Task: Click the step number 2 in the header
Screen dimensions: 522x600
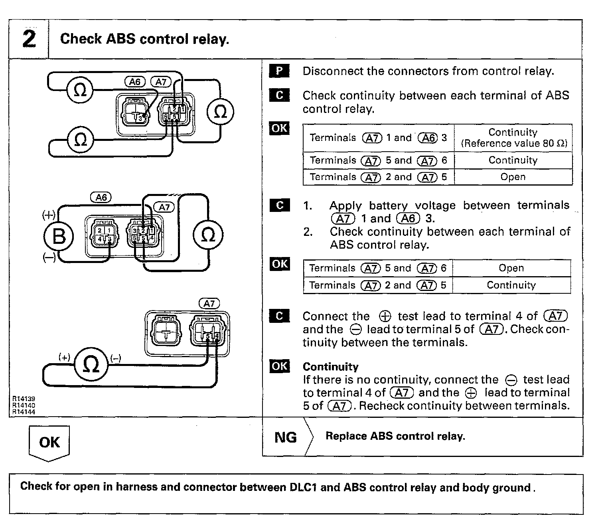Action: click(29, 39)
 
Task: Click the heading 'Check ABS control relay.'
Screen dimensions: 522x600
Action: click(144, 39)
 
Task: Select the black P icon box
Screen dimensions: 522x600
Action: click(279, 71)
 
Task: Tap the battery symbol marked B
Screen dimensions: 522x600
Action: click(59, 236)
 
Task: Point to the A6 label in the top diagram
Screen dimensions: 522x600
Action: click(135, 82)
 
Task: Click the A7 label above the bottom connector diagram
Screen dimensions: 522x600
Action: click(209, 304)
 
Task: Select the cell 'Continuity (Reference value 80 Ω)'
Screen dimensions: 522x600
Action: click(513, 138)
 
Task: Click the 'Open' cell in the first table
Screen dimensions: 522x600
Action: click(513, 177)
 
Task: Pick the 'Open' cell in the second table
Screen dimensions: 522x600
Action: click(511, 268)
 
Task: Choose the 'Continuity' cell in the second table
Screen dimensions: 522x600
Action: click(511, 285)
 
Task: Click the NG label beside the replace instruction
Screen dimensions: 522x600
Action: click(286, 437)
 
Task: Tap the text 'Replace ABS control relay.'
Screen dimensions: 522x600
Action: click(395, 436)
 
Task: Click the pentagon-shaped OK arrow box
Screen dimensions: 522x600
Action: click(49, 442)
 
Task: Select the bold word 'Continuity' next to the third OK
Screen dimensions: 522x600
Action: click(330, 367)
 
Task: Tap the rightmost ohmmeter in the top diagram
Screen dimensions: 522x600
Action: click(220, 112)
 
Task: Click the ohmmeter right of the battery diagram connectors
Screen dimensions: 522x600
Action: click(207, 235)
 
